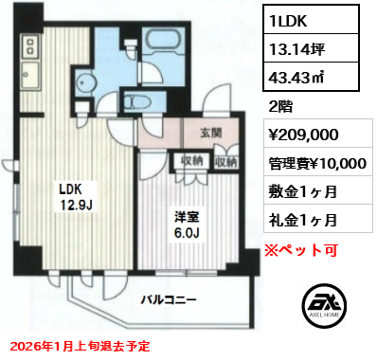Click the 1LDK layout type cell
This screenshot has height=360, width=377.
coord(311,19)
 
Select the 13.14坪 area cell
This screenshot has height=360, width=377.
coord(311,47)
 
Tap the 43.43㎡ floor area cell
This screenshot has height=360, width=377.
coord(311,77)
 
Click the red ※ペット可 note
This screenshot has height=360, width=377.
coord(301,250)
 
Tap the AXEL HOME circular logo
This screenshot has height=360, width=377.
coord(325,305)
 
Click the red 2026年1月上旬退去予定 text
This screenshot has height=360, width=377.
coord(81,346)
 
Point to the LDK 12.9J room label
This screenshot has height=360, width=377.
coord(76,197)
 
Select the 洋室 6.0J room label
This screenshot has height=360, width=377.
coord(187,225)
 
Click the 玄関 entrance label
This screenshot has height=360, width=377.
coord(211,134)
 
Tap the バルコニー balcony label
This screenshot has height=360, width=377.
coord(169,299)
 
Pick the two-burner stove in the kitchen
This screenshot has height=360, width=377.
coord(31,45)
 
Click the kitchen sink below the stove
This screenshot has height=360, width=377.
coord(30,75)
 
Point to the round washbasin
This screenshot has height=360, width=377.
coord(84,81)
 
